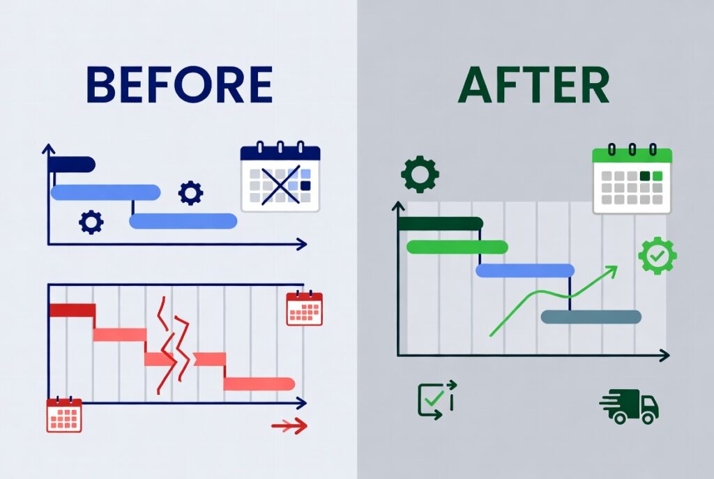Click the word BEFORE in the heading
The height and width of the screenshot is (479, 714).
pyautogui.click(x=179, y=84)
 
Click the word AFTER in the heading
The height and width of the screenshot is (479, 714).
pyautogui.click(x=533, y=84)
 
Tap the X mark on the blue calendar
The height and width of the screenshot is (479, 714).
pyautogui.click(x=280, y=185)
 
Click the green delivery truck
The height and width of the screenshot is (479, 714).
pyautogui.click(x=629, y=406)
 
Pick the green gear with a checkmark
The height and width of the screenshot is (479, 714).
pyautogui.click(x=657, y=256)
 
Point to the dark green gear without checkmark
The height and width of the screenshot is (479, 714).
pyautogui.click(x=420, y=174)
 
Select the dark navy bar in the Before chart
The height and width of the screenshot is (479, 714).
pyautogui.click(x=72, y=165)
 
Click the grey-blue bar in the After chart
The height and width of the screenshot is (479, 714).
pyautogui.click(x=591, y=317)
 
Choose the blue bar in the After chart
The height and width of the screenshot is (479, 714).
pyautogui.click(x=525, y=271)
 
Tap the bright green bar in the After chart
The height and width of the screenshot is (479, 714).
pyautogui.click(x=457, y=247)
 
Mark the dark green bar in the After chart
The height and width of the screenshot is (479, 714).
pyautogui.click(x=441, y=224)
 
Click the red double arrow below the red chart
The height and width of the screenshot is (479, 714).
pyautogui.click(x=289, y=426)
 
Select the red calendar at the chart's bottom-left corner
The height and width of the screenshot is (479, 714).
pyautogui.click(x=64, y=415)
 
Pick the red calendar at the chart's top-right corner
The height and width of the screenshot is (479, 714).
pyautogui.click(x=304, y=308)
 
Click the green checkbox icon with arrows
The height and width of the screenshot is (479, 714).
pyautogui.click(x=436, y=400)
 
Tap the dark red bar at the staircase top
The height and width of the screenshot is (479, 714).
pyautogui.click(x=72, y=310)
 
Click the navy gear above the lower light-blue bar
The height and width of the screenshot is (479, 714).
pyautogui.click(x=191, y=193)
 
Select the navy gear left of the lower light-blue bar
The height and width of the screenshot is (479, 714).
pyautogui.click(x=91, y=222)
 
